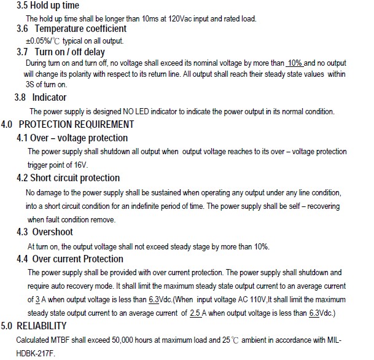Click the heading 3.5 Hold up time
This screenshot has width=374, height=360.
coord(48,6)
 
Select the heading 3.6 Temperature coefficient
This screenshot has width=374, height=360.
coord(72,29)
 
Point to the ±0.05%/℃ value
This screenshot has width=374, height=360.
coord(42,41)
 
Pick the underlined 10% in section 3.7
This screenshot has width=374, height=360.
coord(295,63)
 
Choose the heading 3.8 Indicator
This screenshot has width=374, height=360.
coord(41,97)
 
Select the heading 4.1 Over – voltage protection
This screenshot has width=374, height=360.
coord(72,138)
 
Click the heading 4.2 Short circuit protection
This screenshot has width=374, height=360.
coord(68,178)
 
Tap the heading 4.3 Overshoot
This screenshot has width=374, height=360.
coord(45,232)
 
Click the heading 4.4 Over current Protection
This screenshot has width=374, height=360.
coord(70,259)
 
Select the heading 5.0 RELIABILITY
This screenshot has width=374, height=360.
coord(34,326)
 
